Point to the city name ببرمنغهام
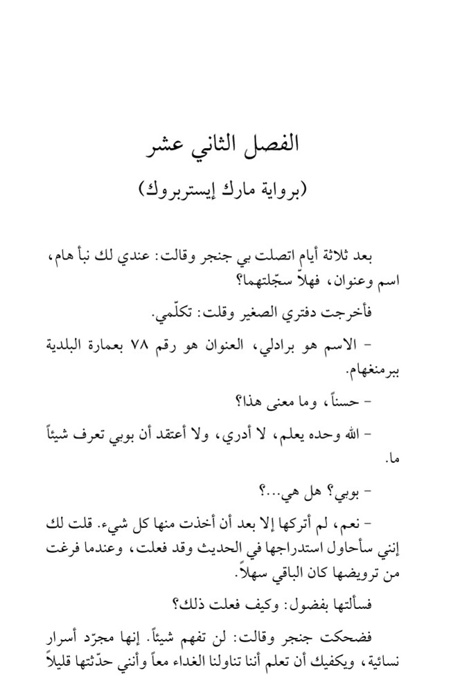click(378, 368)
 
